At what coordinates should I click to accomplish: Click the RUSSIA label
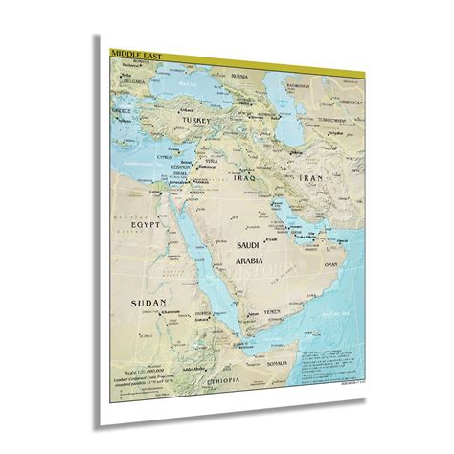(x=239, y=76)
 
